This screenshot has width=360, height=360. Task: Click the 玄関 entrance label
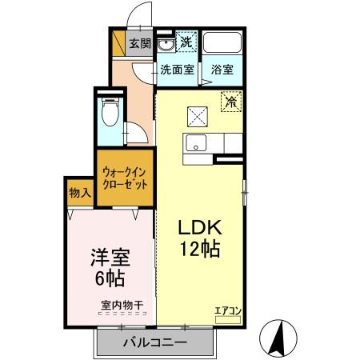(141, 44)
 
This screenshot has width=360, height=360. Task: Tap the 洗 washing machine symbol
(186, 42)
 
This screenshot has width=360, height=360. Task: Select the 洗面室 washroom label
(176, 70)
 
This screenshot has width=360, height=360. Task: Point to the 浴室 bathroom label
(222, 70)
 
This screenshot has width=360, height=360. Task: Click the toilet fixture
(110, 115)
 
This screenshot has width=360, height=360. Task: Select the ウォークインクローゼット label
(126, 177)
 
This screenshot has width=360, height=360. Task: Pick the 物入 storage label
(79, 193)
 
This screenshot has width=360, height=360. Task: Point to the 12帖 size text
(199, 249)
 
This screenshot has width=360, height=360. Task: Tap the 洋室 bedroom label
(110, 258)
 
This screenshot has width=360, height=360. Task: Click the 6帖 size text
(110, 279)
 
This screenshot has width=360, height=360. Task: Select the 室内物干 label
(122, 304)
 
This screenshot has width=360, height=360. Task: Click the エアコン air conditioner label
(228, 310)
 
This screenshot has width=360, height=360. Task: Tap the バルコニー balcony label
(155, 342)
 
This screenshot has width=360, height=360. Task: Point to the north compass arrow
(280, 337)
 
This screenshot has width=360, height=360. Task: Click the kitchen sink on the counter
(195, 144)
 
